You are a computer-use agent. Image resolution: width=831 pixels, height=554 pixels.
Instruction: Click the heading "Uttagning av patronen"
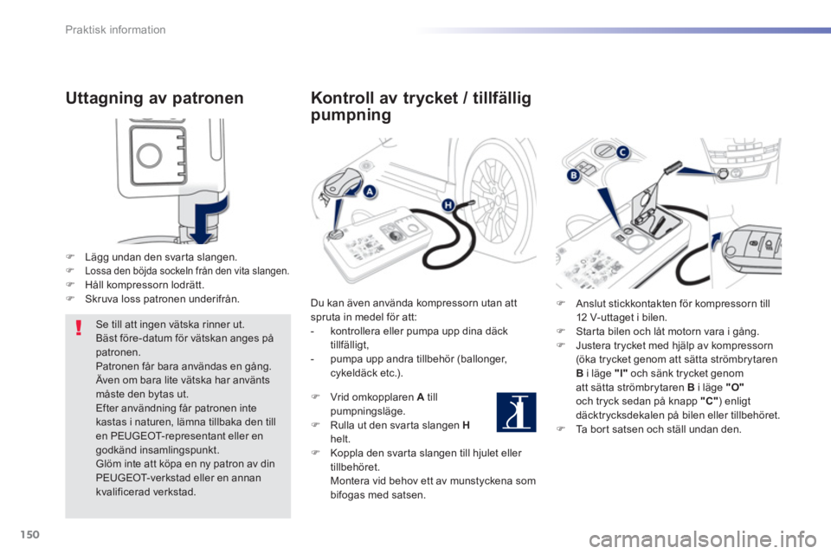coord(154,98)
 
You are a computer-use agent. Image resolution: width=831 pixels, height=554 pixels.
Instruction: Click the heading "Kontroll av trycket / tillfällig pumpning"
coord(421,106)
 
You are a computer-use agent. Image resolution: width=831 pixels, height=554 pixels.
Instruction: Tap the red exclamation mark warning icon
coord(79,327)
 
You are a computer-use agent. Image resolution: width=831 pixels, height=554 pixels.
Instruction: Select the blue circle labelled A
coord(369,191)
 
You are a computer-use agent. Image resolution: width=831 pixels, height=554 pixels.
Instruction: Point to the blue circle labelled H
coord(448,205)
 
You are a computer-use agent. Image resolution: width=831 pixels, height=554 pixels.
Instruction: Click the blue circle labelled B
coord(573,176)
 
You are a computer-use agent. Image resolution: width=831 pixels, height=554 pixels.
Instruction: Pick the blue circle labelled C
coord(622,152)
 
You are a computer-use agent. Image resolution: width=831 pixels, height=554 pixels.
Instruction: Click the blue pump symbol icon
coord(516,412)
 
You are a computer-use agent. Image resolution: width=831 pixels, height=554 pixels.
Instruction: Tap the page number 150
coord(29,534)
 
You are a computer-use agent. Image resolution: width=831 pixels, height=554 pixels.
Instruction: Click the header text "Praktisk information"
coord(115,29)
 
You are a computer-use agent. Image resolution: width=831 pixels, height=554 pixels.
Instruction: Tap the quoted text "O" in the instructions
coord(735,387)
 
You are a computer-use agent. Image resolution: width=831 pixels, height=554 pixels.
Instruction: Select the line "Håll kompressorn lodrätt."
coord(145,285)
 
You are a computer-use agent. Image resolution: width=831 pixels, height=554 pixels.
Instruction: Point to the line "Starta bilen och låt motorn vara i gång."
coord(667,332)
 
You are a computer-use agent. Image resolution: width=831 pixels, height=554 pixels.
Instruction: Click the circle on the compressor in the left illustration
coord(150,155)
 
